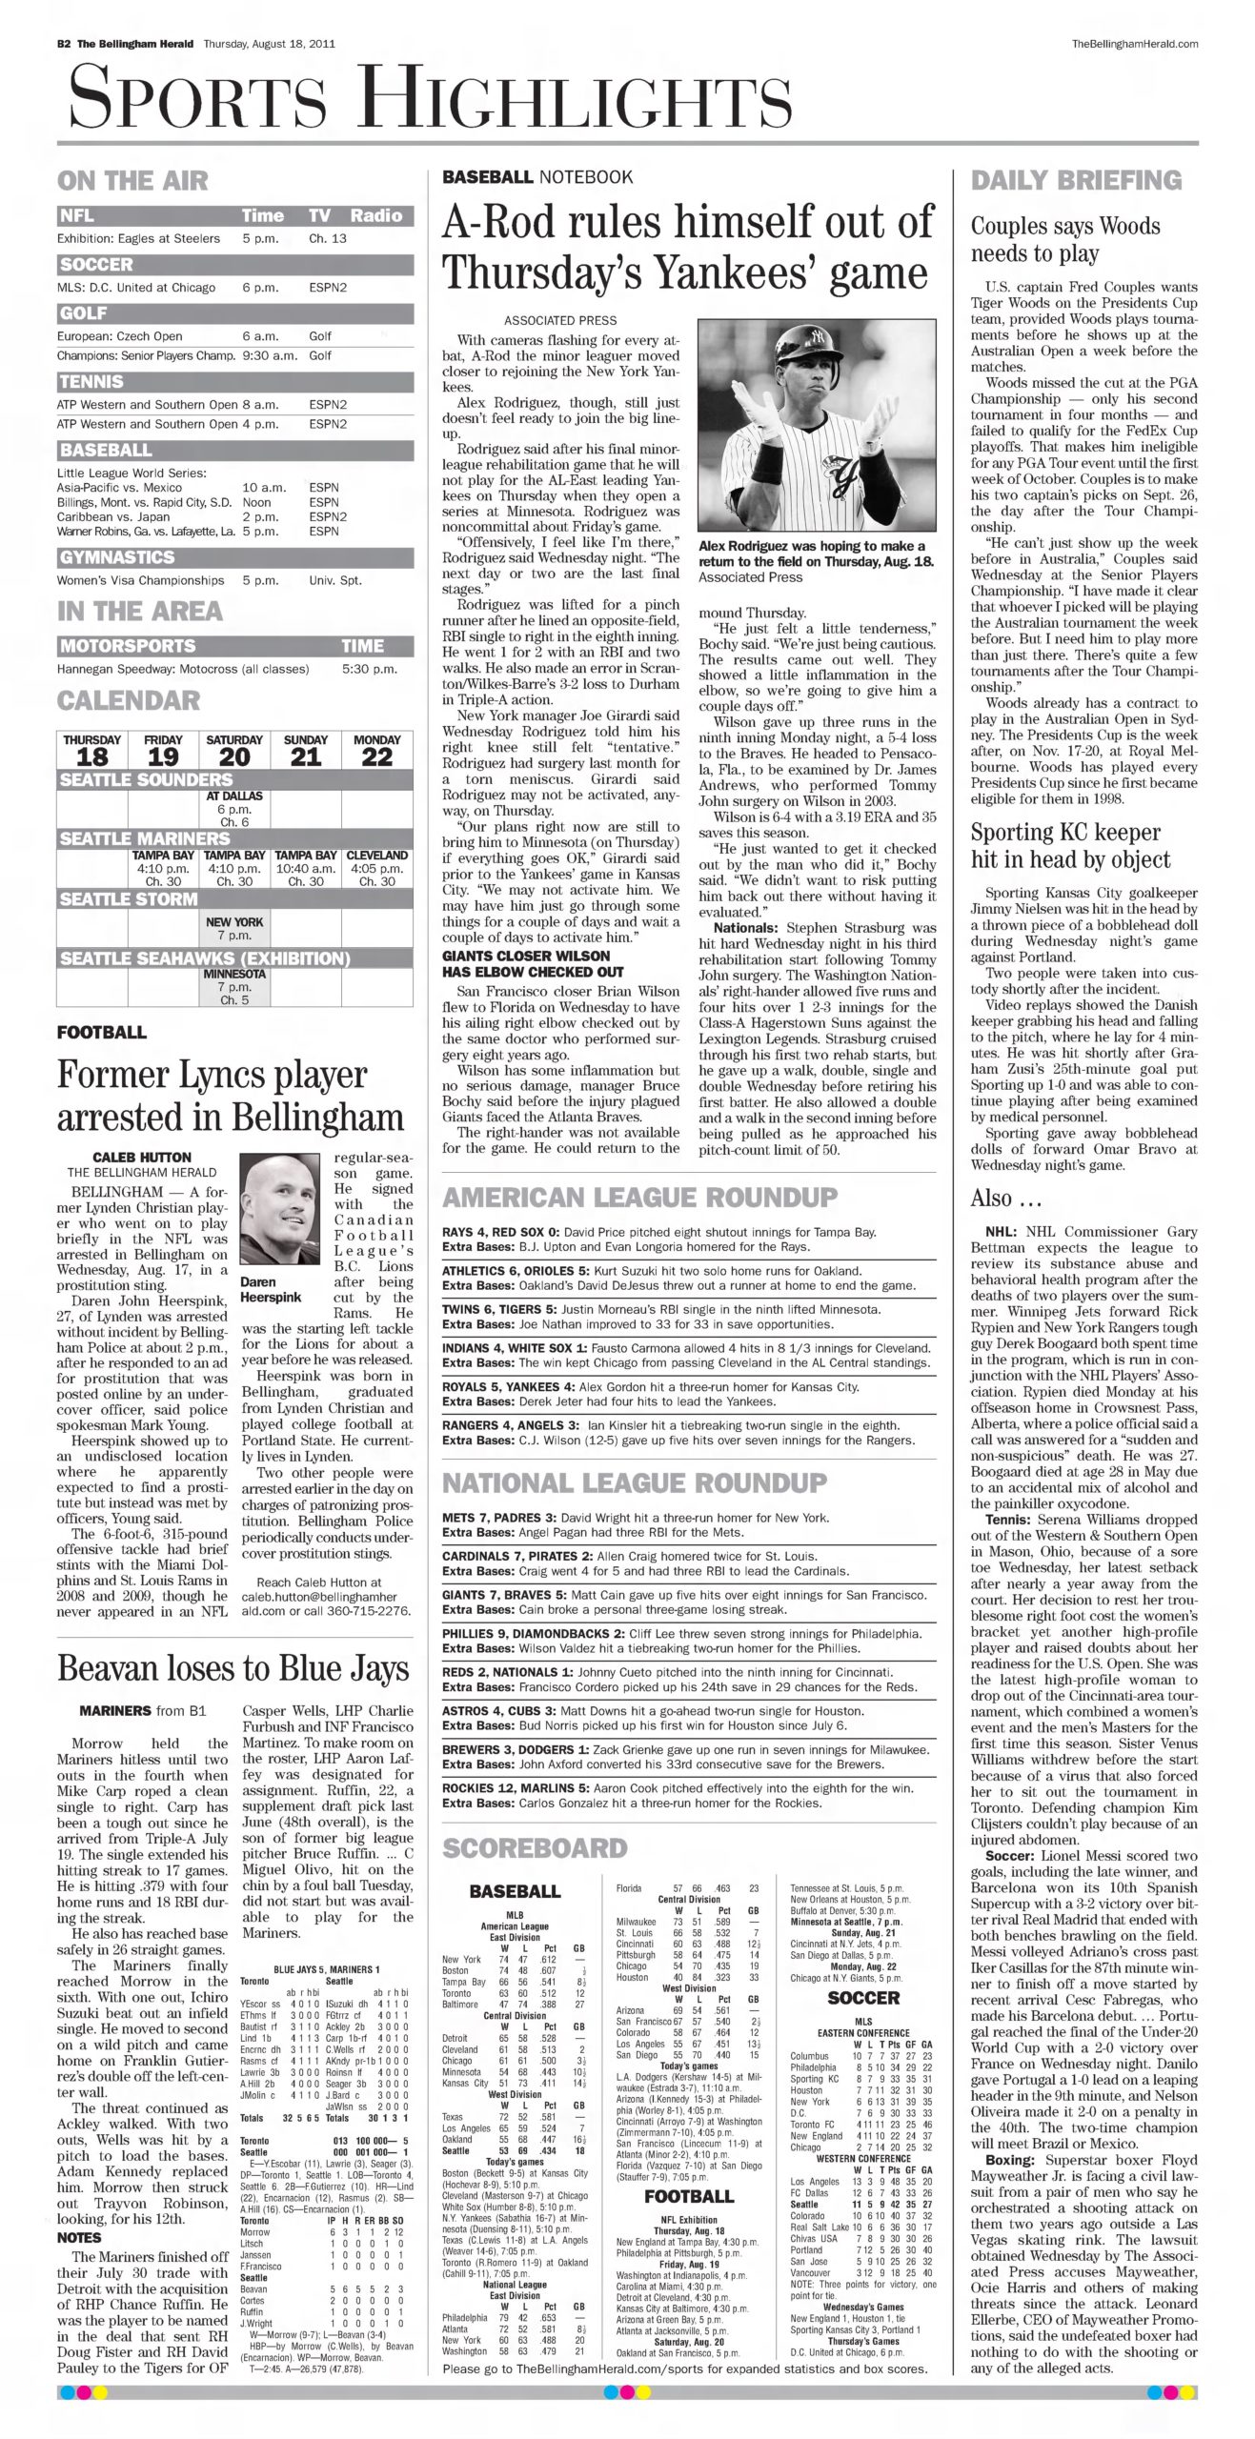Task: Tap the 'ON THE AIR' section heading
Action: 132,180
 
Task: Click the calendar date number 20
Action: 234,757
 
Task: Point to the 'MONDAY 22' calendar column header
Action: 377,750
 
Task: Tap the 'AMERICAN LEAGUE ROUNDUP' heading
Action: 640,1198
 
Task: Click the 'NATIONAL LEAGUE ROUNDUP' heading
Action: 635,1482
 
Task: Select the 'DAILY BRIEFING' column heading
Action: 1076,180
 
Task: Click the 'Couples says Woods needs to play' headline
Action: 1064,239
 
